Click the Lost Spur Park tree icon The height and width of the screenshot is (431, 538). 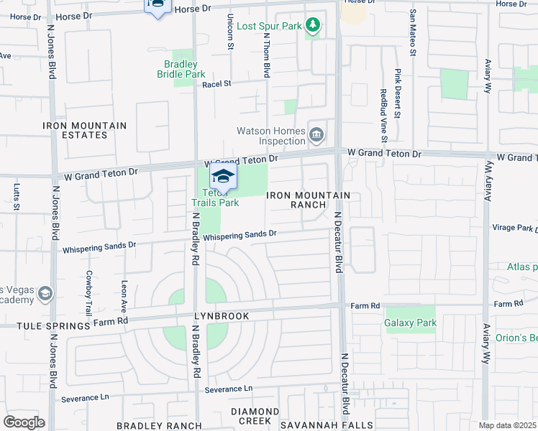[x=312, y=27]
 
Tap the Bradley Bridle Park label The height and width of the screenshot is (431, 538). [x=182, y=69]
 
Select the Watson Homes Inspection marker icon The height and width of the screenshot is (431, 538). [x=316, y=134]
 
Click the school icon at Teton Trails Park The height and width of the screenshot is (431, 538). [x=223, y=177]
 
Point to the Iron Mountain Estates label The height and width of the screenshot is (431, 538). [x=84, y=130]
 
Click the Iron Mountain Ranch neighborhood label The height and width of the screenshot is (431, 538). [x=309, y=200]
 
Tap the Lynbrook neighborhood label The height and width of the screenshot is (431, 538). [x=221, y=316]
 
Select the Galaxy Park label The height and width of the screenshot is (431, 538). [x=410, y=323]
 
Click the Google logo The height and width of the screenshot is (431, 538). [x=24, y=422]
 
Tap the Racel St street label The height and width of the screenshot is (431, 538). [x=216, y=84]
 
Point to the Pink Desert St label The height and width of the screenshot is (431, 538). [x=397, y=85]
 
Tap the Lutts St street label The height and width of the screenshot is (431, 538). [x=17, y=198]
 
